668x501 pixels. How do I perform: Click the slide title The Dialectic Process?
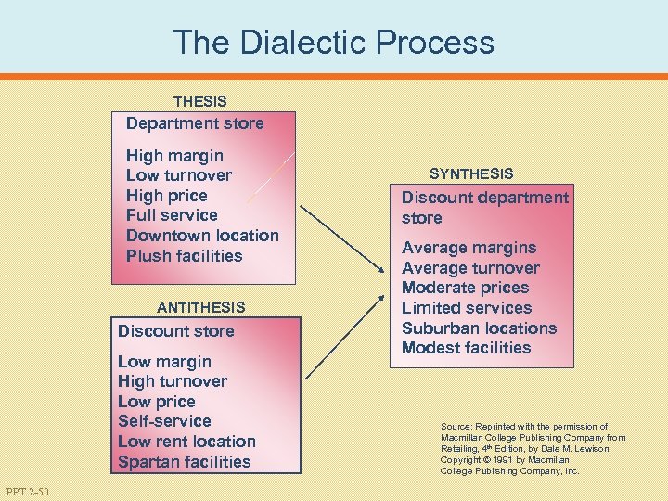tap(333, 42)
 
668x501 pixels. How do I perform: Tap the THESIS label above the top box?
tap(199, 101)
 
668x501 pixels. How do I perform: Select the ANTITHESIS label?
tap(201, 307)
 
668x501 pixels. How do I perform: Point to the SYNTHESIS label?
tap(471, 173)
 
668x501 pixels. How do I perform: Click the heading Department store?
tap(195, 123)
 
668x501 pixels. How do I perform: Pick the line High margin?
tap(174, 156)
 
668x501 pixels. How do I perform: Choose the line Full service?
tap(172, 215)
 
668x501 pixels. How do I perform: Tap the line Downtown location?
tap(202, 236)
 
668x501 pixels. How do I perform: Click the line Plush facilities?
tap(184, 256)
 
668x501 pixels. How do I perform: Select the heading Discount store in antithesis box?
tap(176, 331)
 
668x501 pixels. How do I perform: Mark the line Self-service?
tap(164, 421)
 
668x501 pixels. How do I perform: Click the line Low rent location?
tap(186, 442)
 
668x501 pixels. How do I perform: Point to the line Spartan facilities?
tap(185, 462)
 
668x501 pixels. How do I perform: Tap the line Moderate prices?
tap(465, 288)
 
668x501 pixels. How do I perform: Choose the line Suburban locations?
tap(479, 328)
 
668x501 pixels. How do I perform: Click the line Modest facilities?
tap(466, 349)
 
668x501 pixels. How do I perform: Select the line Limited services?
tap(467, 308)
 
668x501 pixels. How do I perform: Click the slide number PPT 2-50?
tap(27, 490)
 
